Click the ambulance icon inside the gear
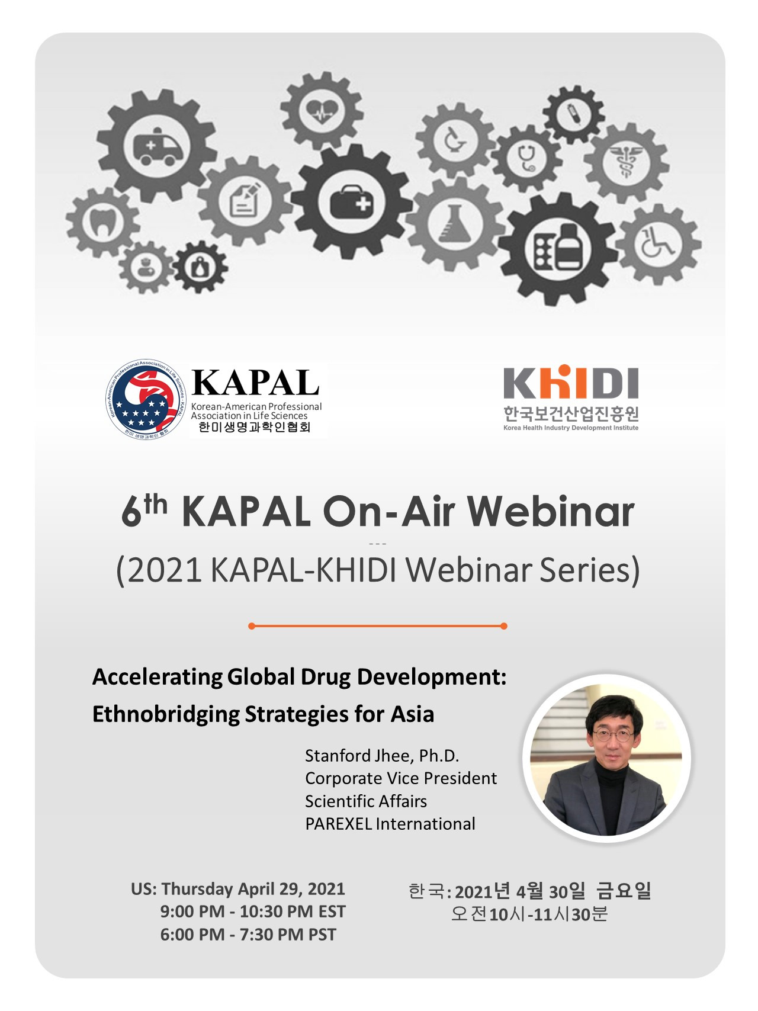(157, 146)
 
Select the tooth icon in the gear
(102, 222)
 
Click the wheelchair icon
(657, 243)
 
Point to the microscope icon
(455, 141)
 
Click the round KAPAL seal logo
(145, 399)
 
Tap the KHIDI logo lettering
(571, 383)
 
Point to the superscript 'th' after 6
(155, 505)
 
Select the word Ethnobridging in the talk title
(165, 714)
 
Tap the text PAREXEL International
(390, 824)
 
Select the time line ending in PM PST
(248, 935)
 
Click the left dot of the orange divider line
(252, 626)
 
